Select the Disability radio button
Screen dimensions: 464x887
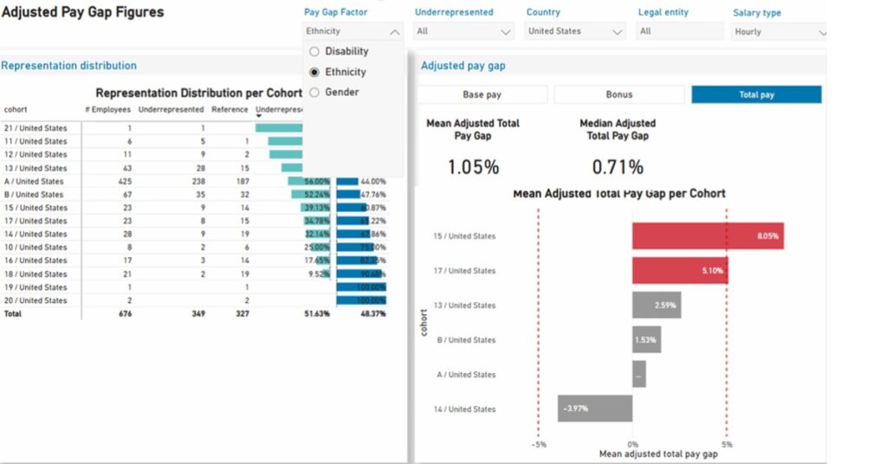click(314, 51)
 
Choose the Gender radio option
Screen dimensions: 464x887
click(314, 92)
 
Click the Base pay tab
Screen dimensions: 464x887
click(482, 94)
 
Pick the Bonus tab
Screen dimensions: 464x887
click(618, 94)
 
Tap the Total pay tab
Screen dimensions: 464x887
click(756, 94)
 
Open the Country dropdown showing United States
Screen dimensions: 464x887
click(576, 31)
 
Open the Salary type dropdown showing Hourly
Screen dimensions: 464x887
click(780, 32)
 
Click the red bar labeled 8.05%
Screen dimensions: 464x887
click(707, 235)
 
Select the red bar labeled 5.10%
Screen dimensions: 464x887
click(679, 271)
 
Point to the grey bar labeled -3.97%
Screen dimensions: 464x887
click(594, 409)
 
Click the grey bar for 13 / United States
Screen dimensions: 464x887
click(656, 306)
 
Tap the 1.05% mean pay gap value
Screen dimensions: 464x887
click(473, 167)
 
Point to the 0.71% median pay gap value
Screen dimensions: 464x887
click(618, 167)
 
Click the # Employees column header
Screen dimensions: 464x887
click(107, 110)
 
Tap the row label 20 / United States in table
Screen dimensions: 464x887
click(36, 300)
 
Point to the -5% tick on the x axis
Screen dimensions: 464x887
click(539, 444)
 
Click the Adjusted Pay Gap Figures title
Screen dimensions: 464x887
click(82, 13)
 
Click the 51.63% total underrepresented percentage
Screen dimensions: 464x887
click(315, 314)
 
